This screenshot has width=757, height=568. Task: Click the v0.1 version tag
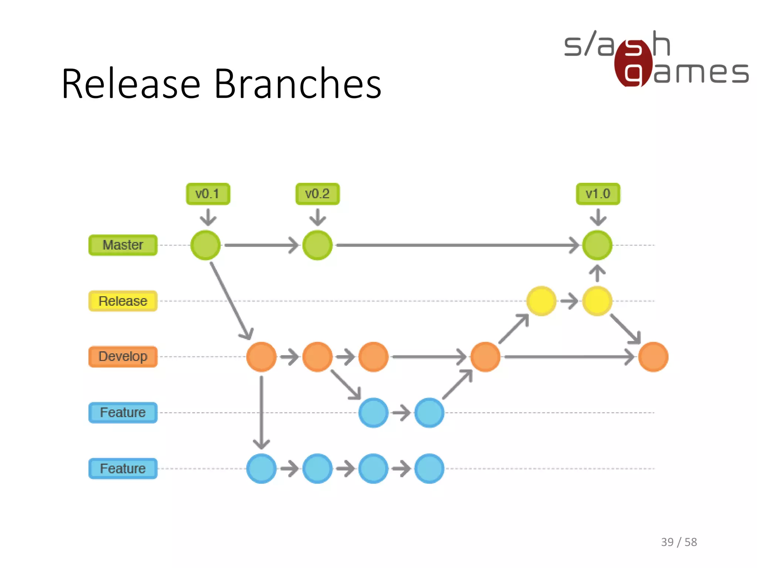208,194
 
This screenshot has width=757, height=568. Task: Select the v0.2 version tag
318,194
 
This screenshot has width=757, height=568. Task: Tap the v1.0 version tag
598,194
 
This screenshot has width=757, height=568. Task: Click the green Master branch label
123,245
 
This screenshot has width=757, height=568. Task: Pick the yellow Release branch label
123,301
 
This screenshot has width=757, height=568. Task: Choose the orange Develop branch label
123,356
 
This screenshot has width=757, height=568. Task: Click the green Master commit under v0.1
206,245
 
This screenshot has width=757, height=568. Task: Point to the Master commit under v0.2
318,245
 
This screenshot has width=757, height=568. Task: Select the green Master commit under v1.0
597,245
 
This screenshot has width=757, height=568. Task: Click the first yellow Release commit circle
541,301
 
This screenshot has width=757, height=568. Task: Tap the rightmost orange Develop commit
653,357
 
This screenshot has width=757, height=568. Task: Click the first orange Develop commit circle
261,357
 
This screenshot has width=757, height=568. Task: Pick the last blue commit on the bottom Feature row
429,469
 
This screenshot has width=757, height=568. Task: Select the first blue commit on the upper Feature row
373,413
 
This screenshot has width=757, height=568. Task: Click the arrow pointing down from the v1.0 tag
598,217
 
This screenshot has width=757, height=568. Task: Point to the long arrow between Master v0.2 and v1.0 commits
456,245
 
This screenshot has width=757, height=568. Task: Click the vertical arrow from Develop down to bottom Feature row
261,412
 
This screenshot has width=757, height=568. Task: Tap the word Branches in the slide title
298,84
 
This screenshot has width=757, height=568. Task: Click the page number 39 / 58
679,542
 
